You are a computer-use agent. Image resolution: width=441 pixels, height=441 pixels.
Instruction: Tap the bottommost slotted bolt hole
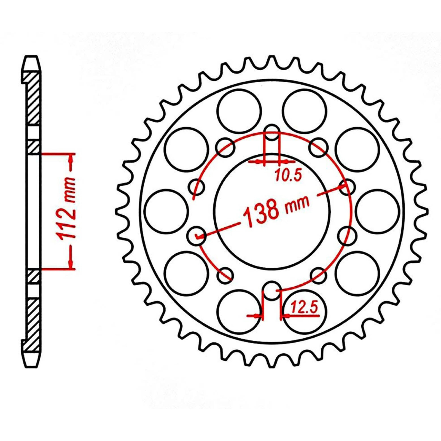point(272,290)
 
